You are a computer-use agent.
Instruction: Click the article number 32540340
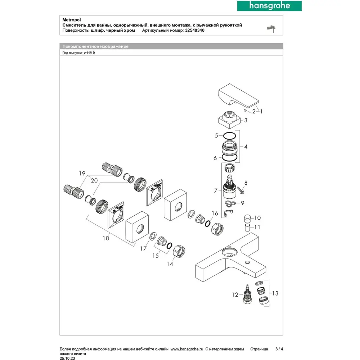coord(195,31)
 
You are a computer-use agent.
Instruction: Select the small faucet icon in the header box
coord(272,28)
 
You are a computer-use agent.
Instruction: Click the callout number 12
coord(235,295)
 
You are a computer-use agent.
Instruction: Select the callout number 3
coord(246,121)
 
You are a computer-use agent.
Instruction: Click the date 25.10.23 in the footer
coord(68,359)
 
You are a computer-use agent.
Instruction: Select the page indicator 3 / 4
coord(279,349)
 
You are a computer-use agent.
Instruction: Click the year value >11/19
coord(90,53)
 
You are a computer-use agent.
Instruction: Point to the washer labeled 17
coord(152,236)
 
